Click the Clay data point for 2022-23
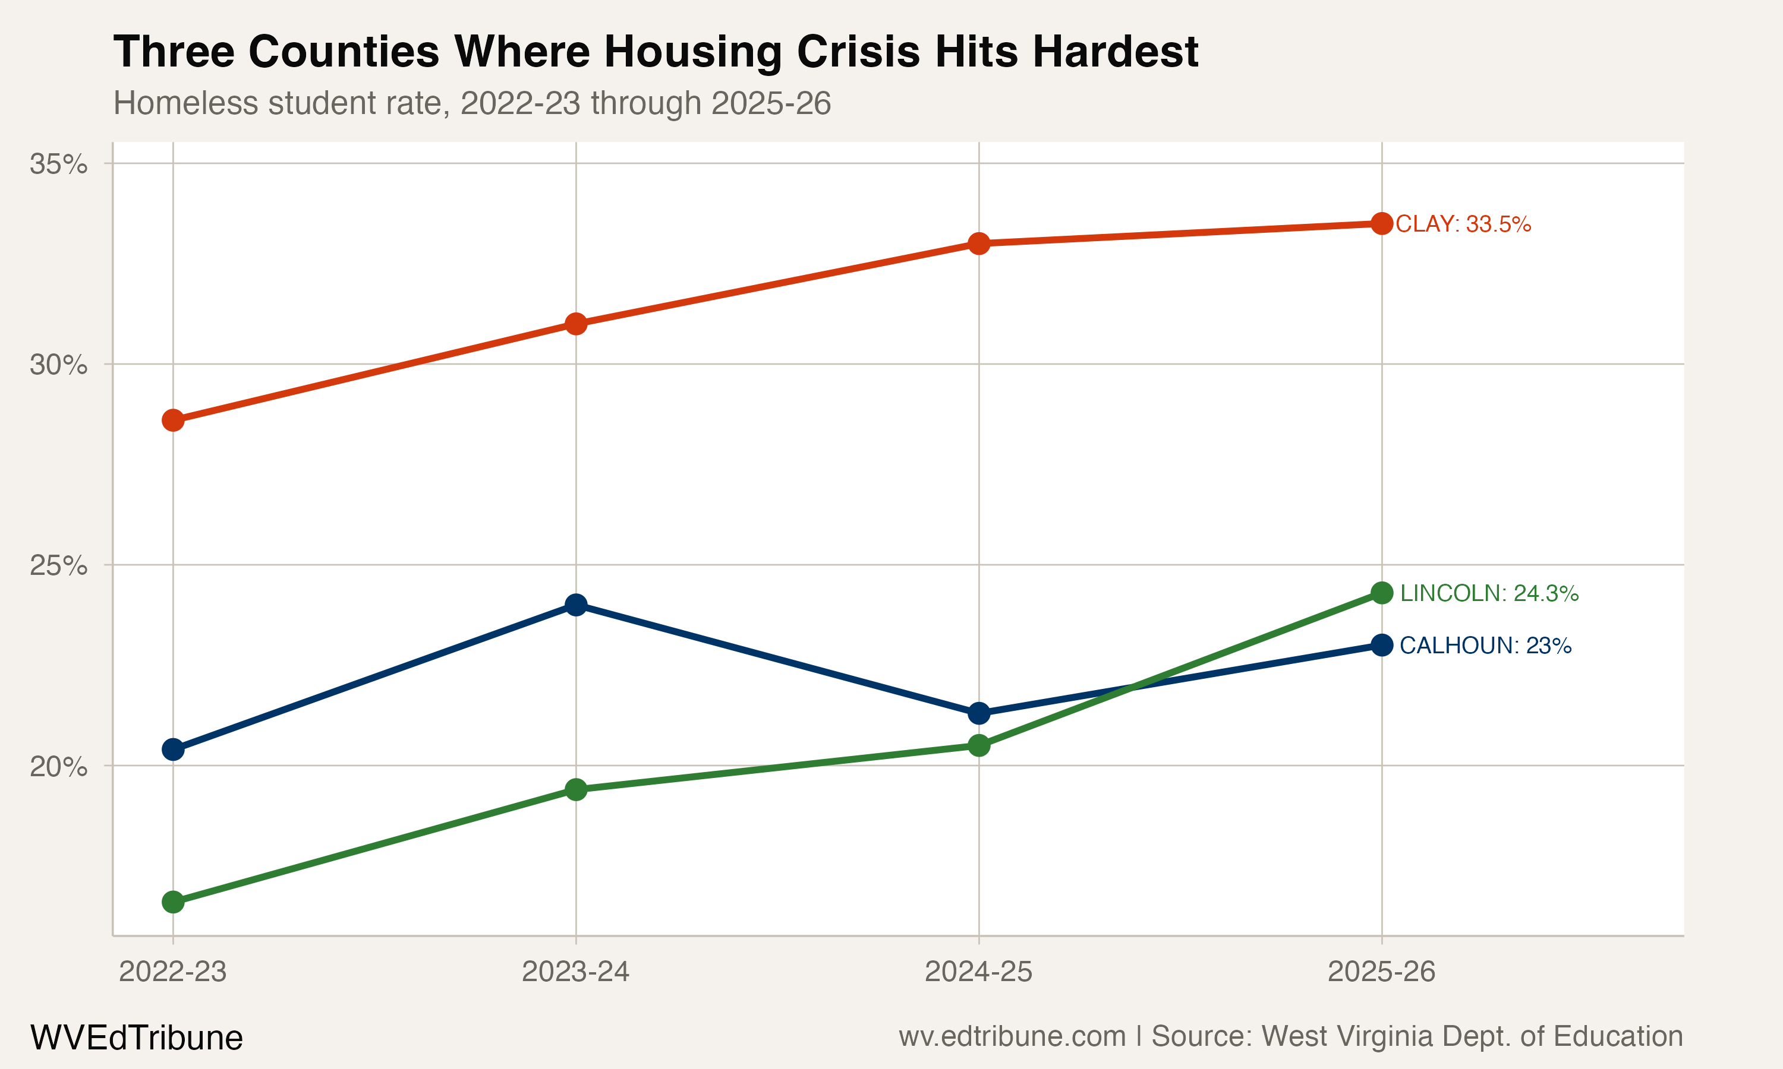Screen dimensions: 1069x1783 [173, 420]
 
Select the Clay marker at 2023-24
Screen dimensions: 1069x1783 [576, 324]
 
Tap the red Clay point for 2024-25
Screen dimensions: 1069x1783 [979, 243]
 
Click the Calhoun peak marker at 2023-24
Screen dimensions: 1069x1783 [576, 605]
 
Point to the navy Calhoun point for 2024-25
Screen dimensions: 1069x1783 [979, 713]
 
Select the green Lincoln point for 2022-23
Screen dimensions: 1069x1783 [173, 902]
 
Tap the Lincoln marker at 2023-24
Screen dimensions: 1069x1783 [576, 789]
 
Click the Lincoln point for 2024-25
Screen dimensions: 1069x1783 [979, 745]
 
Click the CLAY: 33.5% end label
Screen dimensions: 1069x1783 [1463, 224]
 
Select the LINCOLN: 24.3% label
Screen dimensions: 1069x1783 [1489, 593]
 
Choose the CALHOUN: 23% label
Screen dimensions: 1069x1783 [1485, 646]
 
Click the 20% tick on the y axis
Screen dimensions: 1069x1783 [58, 767]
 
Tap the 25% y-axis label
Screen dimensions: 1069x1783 [58, 565]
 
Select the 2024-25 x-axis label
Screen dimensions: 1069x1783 [979, 972]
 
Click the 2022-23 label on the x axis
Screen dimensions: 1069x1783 [173, 972]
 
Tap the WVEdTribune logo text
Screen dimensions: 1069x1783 [136, 1038]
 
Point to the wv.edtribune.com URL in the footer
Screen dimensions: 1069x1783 [1012, 1036]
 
